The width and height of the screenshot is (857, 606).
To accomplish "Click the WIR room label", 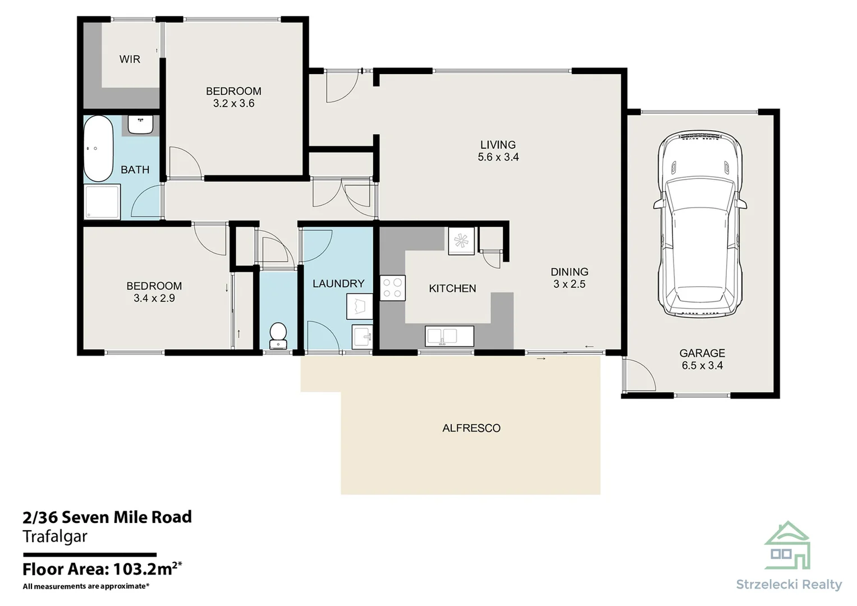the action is pos(130,59).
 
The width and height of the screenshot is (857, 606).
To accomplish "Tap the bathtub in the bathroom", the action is pos(98,149).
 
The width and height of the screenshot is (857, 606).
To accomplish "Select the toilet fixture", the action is pos(278,336).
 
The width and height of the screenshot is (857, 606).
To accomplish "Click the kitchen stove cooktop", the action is pos(392,288).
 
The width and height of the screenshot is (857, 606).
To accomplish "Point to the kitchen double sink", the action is pos(449,336).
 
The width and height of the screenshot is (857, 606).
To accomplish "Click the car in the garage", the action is pos(700,224).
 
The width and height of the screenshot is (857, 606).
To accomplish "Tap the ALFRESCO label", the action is pos(471,428).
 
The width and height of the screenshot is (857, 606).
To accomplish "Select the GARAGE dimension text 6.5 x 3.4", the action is pos(702,365).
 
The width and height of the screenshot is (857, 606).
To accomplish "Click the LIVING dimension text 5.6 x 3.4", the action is pos(498,157).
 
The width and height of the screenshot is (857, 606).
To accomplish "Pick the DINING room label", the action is pos(569,272).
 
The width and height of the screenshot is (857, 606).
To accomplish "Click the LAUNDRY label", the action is pos(338,283).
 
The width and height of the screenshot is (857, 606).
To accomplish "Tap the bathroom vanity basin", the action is pos(140,125).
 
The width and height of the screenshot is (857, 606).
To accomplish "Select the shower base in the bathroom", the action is pos(102,202).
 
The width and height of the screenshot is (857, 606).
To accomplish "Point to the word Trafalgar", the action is pos(55,536).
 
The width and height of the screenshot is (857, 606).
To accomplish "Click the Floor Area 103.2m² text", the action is pos(102,569).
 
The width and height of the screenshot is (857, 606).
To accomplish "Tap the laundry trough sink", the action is pos(362,337).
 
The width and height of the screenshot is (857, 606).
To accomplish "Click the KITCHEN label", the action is pos(452,288).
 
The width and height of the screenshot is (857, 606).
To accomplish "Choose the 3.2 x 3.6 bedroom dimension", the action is pos(234,103).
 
